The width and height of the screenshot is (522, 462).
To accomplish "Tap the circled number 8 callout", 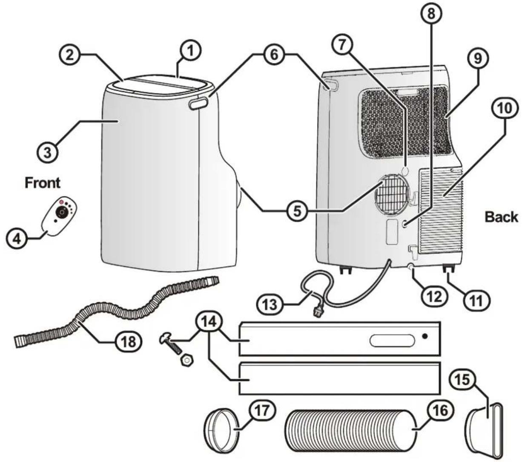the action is (431, 14).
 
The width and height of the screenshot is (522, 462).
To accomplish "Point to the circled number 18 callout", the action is (129, 342).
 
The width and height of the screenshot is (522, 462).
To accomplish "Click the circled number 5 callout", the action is (297, 211).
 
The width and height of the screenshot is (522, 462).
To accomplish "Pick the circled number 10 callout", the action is (505, 108).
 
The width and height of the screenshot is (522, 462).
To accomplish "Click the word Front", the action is (43, 182).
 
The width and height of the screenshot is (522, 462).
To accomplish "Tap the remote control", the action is (60, 217).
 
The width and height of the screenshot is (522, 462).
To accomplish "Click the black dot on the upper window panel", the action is (425, 336).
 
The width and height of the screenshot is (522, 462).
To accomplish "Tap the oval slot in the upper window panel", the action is (392, 341).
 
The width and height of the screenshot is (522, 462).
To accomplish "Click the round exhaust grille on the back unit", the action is (392, 193).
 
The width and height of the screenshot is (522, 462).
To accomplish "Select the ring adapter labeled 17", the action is (222, 430).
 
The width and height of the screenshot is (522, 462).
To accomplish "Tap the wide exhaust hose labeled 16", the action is (350, 430).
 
